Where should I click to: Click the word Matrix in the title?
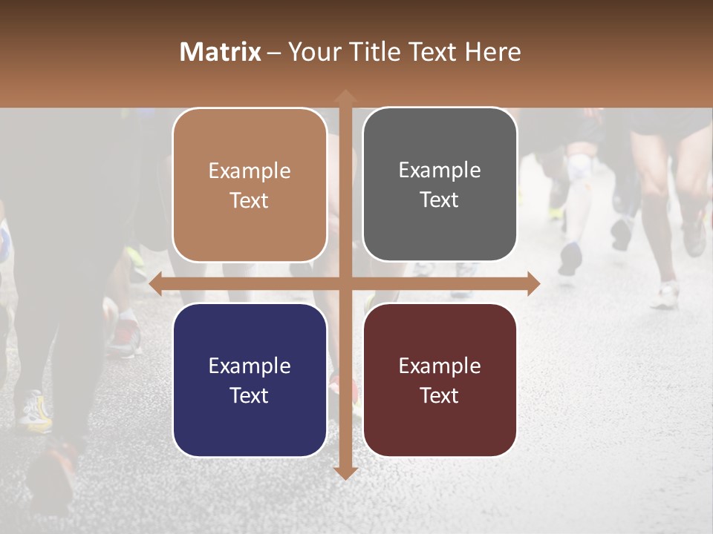[221, 52]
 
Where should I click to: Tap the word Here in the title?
[492, 52]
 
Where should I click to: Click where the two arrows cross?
[345, 283]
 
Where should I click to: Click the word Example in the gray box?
[440, 171]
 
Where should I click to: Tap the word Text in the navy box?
[250, 395]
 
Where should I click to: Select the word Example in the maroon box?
[440, 366]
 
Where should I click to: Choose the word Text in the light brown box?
[250, 200]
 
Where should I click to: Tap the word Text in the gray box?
[440, 200]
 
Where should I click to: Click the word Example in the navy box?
[250, 366]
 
